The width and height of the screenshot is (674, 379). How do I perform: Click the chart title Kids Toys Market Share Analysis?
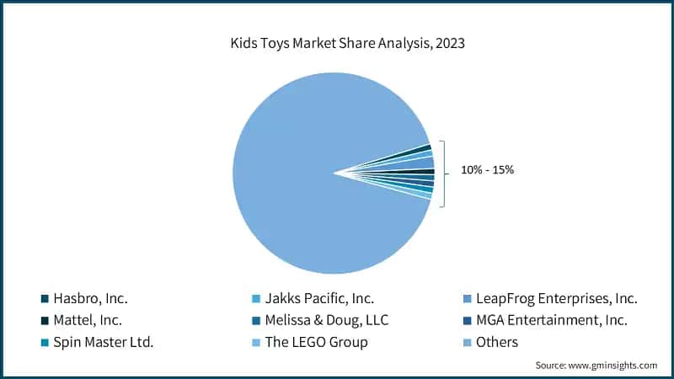click(x=337, y=42)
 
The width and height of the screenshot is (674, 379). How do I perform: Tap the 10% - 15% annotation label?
click(x=487, y=170)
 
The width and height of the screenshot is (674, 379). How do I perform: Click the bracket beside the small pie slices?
click(x=441, y=172)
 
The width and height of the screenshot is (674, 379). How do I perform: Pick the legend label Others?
click(x=498, y=342)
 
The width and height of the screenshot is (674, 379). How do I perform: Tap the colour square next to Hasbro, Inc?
click(x=45, y=299)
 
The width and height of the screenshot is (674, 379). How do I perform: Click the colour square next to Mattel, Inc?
click(x=45, y=321)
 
